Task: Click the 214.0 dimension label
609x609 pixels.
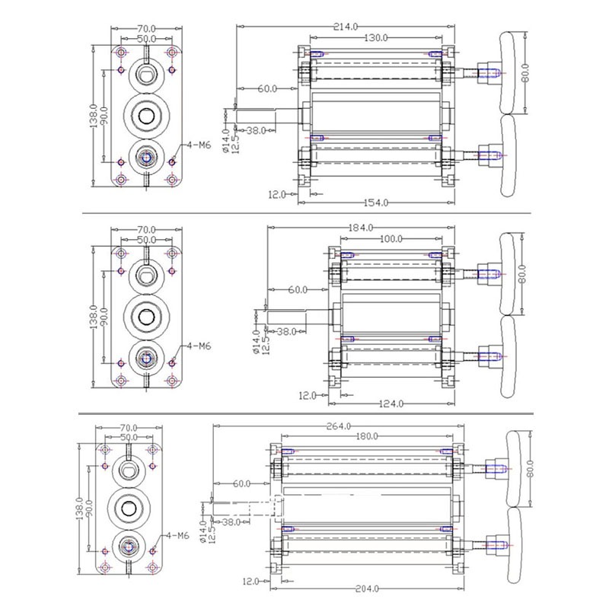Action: (346, 27)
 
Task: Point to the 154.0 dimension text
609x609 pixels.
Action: (375, 202)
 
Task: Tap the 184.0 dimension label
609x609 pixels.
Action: (360, 228)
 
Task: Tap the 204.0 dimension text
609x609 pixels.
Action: (371, 589)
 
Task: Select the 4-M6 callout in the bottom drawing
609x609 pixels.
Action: (177, 535)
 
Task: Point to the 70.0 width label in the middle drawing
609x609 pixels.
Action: (146, 229)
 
